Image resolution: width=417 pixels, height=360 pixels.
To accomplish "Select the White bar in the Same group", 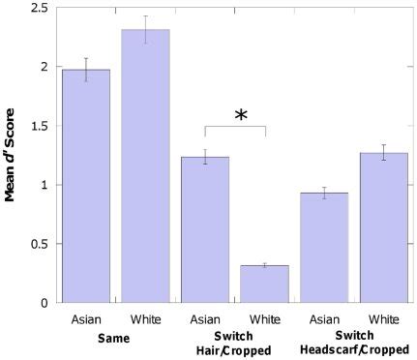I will point(145,165).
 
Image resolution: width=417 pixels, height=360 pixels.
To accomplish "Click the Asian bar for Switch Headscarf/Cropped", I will point(324,248).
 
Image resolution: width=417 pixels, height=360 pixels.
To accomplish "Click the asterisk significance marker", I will point(241,115).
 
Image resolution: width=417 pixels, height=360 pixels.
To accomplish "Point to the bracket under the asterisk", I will point(234,127).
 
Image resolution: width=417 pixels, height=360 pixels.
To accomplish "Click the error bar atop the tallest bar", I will point(145,29).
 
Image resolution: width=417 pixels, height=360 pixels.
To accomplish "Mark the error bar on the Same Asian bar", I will point(85,70).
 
